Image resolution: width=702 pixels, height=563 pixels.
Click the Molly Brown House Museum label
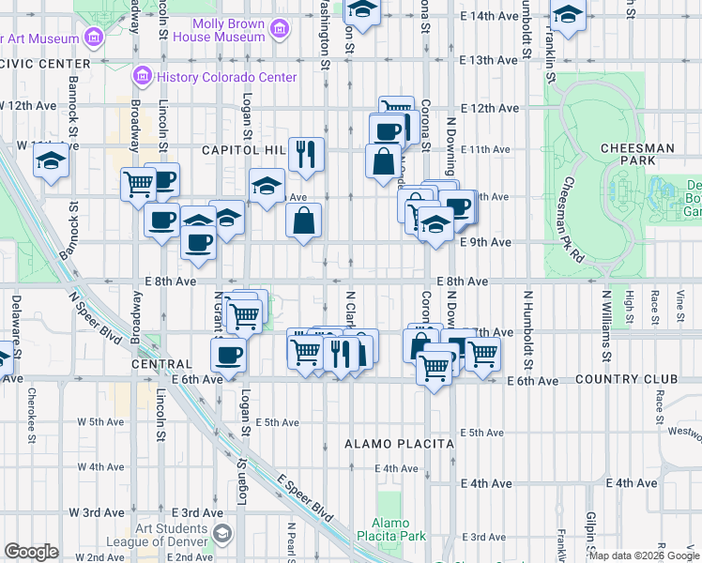228,30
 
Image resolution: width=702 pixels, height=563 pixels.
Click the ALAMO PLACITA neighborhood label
399,443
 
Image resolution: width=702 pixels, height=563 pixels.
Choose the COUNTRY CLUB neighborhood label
626,380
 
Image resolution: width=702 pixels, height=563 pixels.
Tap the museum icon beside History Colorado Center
144,74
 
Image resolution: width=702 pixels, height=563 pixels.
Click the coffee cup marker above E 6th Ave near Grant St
228,355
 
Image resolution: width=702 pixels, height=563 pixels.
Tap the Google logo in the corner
31,552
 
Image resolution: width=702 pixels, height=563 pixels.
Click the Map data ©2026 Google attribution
644,555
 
